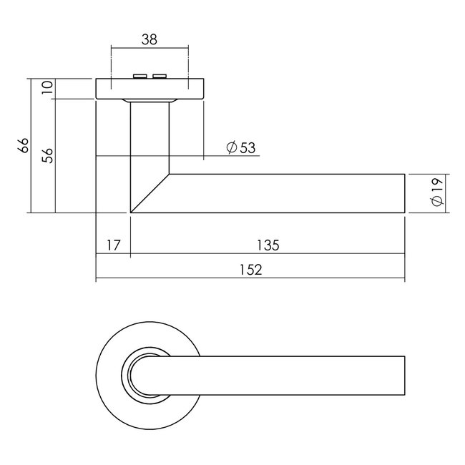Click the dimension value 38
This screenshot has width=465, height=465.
coord(149,41)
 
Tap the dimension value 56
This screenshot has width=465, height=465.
coord(48,155)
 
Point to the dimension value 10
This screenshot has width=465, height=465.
coord(48,88)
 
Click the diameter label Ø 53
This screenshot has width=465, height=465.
coord(240,148)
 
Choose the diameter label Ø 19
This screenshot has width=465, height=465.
coord(438,193)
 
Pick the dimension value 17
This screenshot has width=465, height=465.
coord(113,245)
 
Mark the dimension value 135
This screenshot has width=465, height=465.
coord(267,245)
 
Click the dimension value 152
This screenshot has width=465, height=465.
coord(250,270)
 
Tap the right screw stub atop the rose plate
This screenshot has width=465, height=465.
coord(159,75)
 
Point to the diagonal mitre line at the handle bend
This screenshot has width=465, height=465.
coord(150,192)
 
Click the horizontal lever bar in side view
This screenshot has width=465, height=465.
coord(286,192)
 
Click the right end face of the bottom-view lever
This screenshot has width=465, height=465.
coord(404,373)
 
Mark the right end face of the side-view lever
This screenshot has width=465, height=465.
coord(404,192)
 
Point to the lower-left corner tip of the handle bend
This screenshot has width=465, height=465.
coord(131,212)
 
